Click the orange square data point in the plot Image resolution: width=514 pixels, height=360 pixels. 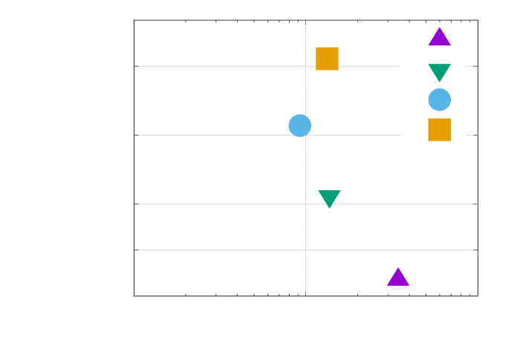[x=327, y=59]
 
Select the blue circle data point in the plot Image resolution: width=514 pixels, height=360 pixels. [x=299, y=125]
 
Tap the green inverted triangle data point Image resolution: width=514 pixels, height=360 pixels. [x=329, y=197]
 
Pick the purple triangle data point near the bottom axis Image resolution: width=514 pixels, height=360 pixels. [x=398, y=278]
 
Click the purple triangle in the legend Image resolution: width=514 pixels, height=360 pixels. [x=439, y=37]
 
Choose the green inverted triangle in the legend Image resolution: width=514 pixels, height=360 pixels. [x=439, y=72]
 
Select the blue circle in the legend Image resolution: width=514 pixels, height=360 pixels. [x=439, y=99]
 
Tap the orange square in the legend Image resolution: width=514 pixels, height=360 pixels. [x=439, y=130]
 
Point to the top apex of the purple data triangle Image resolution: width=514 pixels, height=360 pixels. [x=398, y=267]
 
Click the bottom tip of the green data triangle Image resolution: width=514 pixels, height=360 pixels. [x=329, y=209]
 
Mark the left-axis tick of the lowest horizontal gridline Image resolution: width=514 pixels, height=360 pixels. [x=136, y=250]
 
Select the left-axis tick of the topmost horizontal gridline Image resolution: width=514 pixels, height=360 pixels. [x=136, y=66]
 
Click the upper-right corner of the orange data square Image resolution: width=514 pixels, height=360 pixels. [x=338, y=48]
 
